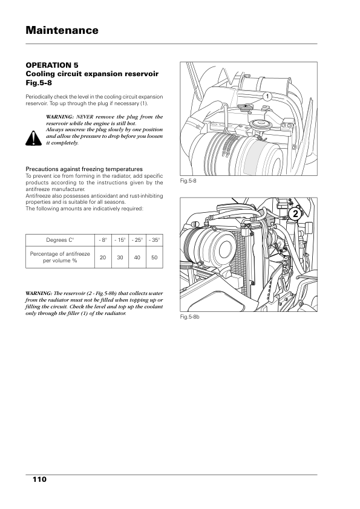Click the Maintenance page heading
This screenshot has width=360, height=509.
[62, 30]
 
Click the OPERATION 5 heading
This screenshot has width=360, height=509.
[52, 65]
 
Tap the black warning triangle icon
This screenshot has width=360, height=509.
[33, 138]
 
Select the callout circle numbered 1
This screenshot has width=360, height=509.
[267, 96]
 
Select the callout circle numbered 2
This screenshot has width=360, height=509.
[295, 214]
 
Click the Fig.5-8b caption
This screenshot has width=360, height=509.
[190, 317]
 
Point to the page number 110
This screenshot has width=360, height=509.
[40, 479]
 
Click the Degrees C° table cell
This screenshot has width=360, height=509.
[60, 240]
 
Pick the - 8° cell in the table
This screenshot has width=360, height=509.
[103, 240]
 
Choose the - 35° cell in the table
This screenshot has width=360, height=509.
[154, 240]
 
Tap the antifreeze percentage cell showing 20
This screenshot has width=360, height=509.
[103, 257]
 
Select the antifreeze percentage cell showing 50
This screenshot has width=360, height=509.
[154, 257]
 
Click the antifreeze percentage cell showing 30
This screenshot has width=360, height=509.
[120, 257]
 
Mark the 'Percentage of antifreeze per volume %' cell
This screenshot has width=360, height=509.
[60, 257]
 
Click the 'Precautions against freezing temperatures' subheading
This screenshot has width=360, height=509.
[84, 169]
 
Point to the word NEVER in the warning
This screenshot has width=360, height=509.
[85, 117]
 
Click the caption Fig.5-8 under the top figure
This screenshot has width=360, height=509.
[188, 181]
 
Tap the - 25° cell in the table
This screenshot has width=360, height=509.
[137, 240]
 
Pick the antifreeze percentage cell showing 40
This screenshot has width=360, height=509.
[137, 257]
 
